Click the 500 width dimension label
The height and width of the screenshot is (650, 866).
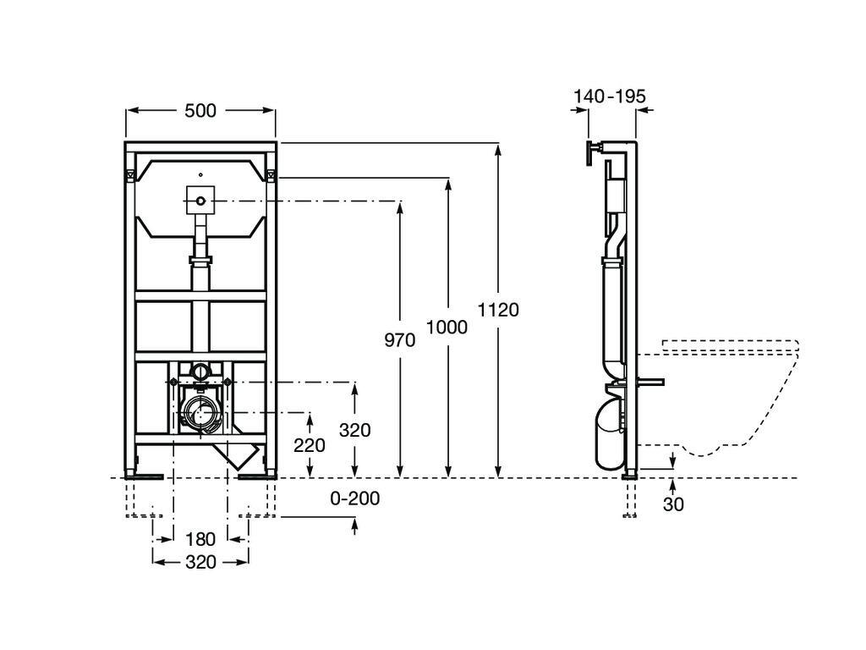200,111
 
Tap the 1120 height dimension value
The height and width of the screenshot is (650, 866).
498,310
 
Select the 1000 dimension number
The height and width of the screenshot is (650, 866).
447,327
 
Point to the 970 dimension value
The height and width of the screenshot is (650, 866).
399,340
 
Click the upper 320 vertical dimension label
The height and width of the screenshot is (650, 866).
354,430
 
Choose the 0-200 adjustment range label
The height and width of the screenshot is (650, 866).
354,499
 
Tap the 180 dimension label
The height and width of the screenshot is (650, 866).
200,539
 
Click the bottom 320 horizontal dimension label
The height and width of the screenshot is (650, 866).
200,561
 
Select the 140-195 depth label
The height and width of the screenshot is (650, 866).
609,97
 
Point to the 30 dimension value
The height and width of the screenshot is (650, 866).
673,504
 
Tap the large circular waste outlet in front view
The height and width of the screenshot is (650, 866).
200,413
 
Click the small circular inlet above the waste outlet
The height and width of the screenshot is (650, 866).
200,371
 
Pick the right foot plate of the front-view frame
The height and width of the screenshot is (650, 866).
255,477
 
